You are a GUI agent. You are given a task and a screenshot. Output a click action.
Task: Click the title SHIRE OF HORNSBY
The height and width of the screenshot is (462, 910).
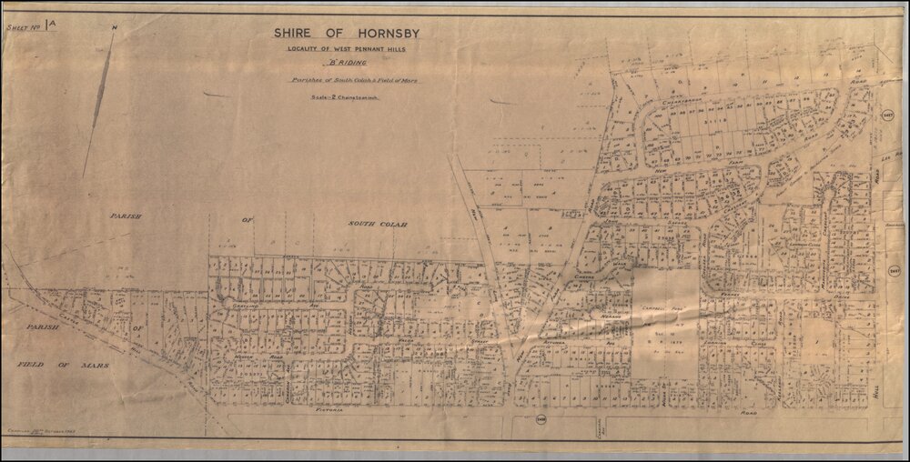pyautogui.click(x=348, y=34)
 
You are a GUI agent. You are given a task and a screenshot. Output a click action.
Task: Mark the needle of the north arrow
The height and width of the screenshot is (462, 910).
pyautogui.click(x=97, y=109)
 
